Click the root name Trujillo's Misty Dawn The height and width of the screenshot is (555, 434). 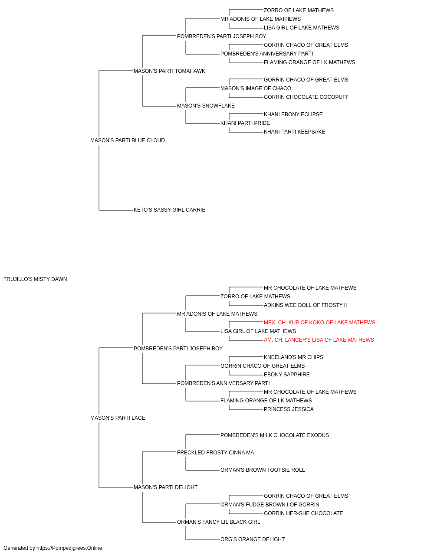[35, 279]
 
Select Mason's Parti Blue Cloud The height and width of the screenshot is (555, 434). [128, 140]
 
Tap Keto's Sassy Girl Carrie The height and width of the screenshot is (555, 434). [169, 210]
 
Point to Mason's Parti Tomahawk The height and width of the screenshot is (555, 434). [169, 71]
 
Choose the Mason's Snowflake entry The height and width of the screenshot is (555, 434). [206, 106]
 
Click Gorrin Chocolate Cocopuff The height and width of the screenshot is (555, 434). [306, 97]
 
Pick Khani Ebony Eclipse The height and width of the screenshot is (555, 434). [293, 114]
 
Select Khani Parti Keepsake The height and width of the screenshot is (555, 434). [294, 132]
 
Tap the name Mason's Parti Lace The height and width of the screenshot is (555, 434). [118, 418]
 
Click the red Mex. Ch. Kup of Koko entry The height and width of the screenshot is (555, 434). [319, 323]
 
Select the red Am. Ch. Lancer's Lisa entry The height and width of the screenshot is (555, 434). [319, 340]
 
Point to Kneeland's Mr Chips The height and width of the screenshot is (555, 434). [293, 357]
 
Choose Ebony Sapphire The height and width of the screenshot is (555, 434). [287, 375]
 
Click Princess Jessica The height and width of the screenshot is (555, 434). [289, 409]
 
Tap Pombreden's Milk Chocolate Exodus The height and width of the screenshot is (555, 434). [275, 435]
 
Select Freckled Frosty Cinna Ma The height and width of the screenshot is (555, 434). [215, 453]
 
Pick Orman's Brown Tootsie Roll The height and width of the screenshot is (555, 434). [263, 470]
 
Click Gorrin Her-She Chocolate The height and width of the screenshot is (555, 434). [303, 513]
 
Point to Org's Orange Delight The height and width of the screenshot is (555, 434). [253, 539]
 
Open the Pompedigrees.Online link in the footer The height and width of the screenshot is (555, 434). [69, 548]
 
